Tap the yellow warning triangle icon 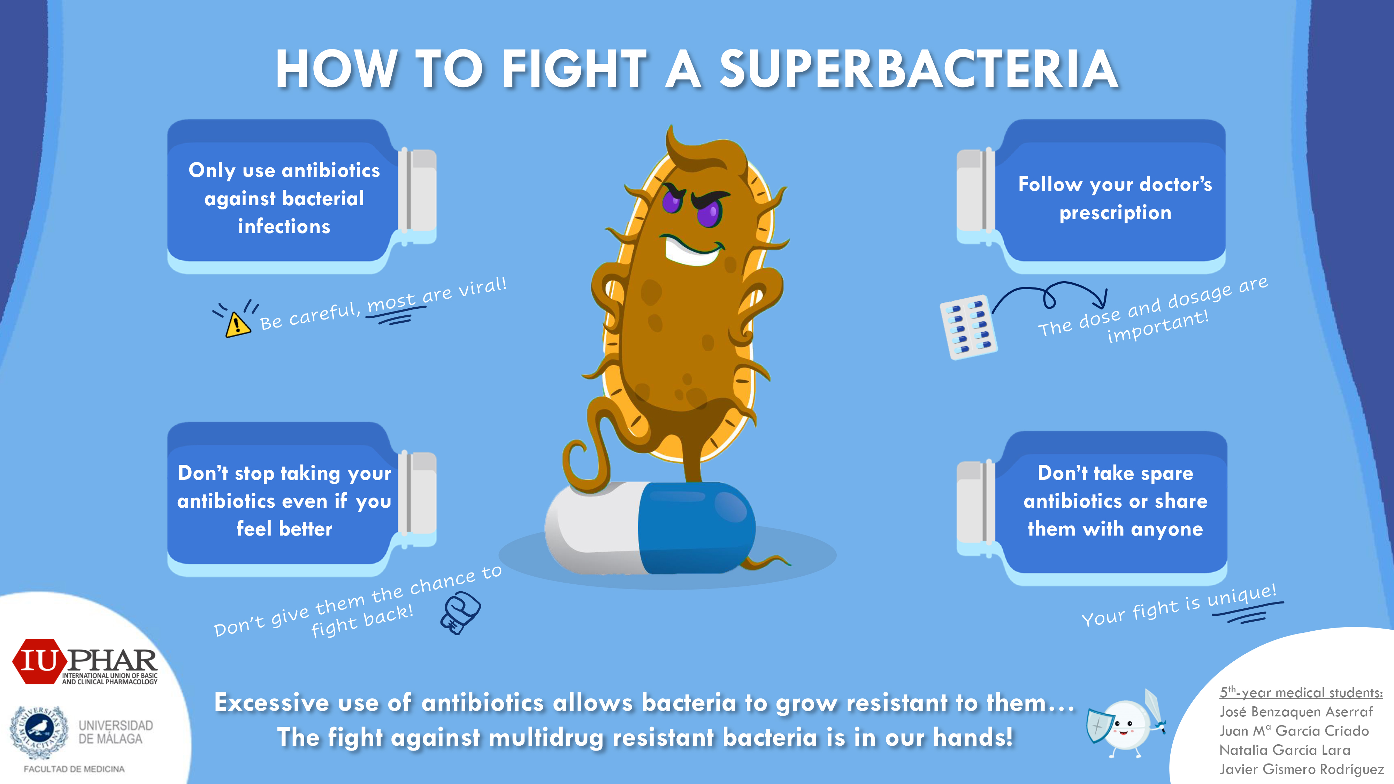[238, 325]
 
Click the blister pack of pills [969, 327]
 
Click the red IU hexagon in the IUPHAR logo [39, 661]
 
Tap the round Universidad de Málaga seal [39, 730]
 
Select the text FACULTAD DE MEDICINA [74, 769]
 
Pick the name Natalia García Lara [1285, 750]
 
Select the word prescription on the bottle [1115, 213]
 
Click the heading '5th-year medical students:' [1301, 692]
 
